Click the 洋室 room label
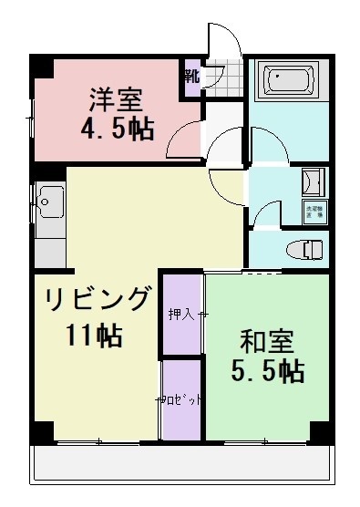pos(117,98)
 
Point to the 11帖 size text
pos(93,335)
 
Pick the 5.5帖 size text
pos(265,370)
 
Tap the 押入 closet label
pos(180,315)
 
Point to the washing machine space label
pos(313,211)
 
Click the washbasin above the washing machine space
pos(313,181)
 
